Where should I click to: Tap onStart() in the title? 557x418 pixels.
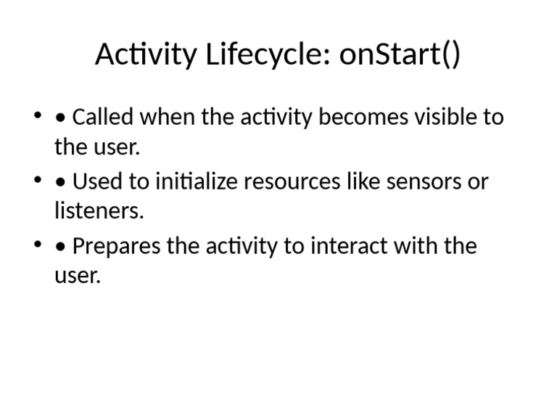click(x=400, y=55)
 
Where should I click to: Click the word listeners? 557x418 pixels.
click(x=99, y=211)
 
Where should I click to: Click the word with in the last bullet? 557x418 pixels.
click(x=417, y=246)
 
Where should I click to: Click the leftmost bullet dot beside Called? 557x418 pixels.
click(x=37, y=117)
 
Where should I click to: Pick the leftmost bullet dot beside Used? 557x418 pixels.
click(x=37, y=181)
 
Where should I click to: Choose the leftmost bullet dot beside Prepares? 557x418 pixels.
click(x=37, y=246)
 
